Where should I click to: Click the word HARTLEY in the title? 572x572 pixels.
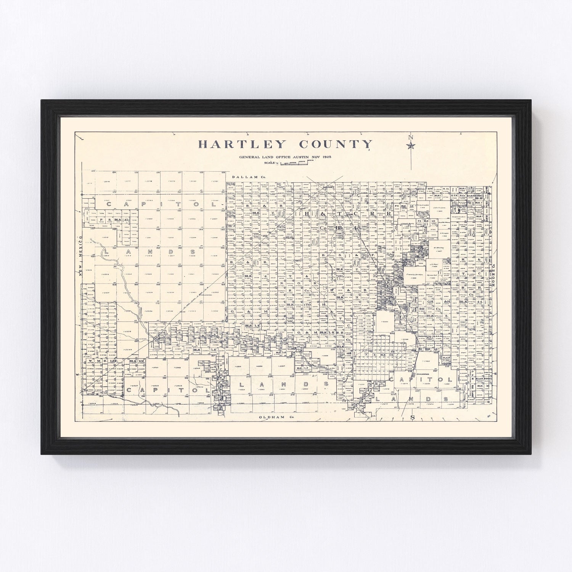click(x=241, y=145)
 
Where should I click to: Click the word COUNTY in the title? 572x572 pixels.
click(x=336, y=145)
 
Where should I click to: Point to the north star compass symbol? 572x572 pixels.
click(x=411, y=145)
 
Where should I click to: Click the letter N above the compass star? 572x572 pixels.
click(x=411, y=138)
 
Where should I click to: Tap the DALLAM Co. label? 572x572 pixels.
click(x=249, y=177)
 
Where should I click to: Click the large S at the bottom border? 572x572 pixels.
click(x=412, y=418)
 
